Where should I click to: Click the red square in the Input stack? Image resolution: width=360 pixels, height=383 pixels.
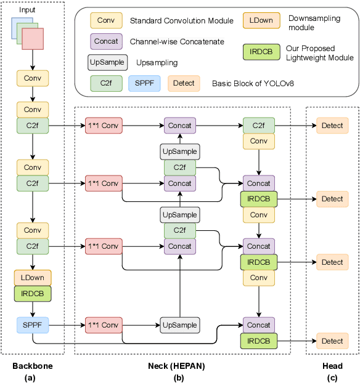(x=33, y=39)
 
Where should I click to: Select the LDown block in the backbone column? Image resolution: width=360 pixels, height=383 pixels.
(x=33, y=278)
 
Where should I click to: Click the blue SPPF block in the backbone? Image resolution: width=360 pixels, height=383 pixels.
(x=33, y=324)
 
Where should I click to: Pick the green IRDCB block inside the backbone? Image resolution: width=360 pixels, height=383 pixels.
(x=33, y=293)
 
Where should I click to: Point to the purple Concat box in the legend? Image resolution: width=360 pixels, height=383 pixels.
(x=106, y=42)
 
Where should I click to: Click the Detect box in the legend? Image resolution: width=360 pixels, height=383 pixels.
(x=184, y=83)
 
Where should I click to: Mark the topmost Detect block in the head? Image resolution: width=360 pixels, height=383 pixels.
(x=332, y=126)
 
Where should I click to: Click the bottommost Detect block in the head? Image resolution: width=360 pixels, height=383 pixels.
(x=332, y=341)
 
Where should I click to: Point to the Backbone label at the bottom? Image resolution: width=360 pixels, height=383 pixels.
(x=32, y=366)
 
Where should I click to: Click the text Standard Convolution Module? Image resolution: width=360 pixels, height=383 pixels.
(x=181, y=22)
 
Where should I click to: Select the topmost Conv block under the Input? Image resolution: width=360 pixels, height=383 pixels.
(x=33, y=78)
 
